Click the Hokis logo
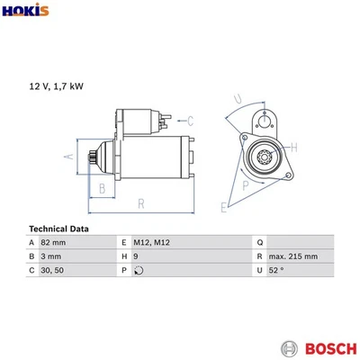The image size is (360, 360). pos(25,13)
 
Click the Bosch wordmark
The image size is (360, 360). pos(323,347)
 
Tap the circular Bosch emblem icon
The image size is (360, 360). pos(288,347)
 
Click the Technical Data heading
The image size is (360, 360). pos(58,229)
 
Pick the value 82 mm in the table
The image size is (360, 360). pos(55,243)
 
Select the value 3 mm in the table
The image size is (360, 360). pos(51,256)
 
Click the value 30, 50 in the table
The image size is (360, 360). pos(53,270)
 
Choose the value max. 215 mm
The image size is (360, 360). pos(293,256)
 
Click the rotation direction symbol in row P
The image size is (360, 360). pos(137,270)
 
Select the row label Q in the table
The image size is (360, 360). pos(259,243)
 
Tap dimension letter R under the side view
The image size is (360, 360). pos(141,204)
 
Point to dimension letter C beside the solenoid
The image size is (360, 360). pos(191,119)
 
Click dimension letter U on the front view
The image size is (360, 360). pos(237,98)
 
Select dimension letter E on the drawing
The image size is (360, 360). pos(224,207)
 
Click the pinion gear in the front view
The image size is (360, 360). pos(265,159)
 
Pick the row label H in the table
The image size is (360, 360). pos(123,256)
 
